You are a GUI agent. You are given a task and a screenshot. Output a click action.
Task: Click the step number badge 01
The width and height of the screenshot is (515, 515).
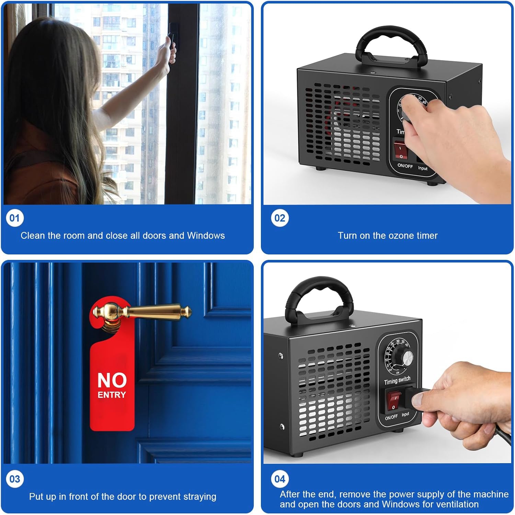point(15,218)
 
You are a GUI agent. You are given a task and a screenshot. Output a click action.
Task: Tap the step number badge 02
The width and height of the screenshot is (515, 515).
point(280,218)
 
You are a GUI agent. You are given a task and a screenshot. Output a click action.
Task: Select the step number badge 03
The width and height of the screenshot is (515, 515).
point(15,479)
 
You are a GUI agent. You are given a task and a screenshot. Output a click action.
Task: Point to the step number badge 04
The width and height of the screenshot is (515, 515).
point(280,479)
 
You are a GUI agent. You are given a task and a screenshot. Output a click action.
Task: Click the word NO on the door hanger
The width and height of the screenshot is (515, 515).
point(112,380)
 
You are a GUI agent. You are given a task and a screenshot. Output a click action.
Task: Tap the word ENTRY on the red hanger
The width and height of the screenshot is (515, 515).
point(112,395)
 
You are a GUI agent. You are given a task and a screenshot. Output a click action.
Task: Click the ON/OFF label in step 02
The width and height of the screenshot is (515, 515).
point(405,166)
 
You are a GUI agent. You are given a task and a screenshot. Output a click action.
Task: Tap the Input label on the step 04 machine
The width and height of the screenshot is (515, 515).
point(405,414)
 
